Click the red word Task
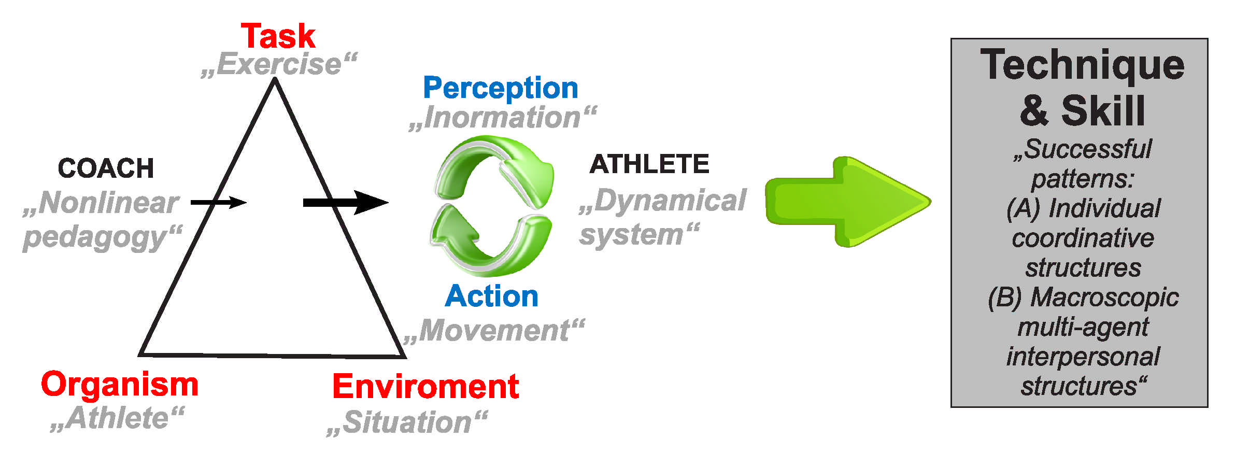point(278,36)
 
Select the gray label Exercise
point(279,64)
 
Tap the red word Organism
point(119,385)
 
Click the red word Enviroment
point(425,387)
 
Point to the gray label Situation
point(407,422)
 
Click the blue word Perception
point(500,88)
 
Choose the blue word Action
point(491,296)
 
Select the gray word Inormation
point(502,117)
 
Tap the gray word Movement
point(494,330)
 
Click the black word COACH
point(106,168)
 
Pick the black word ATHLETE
point(649,164)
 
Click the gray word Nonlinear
point(108,203)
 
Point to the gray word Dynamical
point(670,201)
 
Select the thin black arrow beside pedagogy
point(218,202)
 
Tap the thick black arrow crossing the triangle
point(345,202)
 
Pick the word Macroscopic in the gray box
point(1104,298)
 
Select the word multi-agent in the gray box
point(1083,327)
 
